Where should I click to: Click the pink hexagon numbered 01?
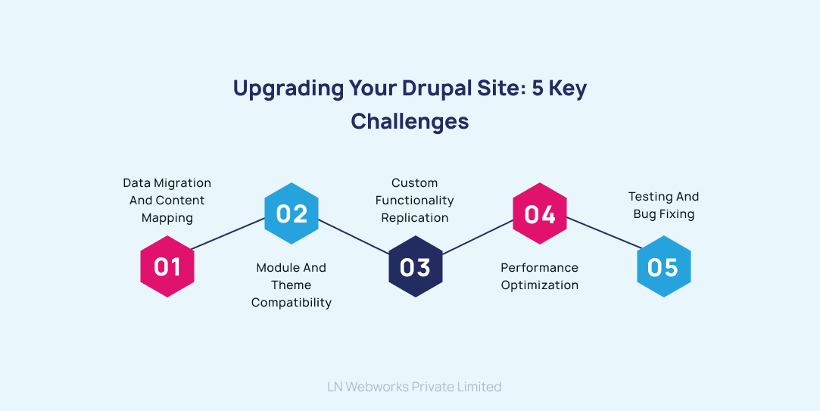(x=167, y=266)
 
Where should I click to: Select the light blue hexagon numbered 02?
(x=292, y=213)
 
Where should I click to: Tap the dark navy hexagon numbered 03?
(x=415, y=266)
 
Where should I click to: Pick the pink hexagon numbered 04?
(x=540, y=213)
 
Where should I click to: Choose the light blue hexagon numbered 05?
(x=663, y=266)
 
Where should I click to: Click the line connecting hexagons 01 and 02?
(x=229, y=234)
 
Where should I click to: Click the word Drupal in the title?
(x=441, y=89)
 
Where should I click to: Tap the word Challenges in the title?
(x=410, y=121)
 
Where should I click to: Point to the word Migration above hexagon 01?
(x=182, y=183)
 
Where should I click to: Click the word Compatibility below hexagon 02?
(x=292, y=303)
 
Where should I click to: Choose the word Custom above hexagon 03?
(x=415, y=183)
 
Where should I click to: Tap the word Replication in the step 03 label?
(x=415, y=218)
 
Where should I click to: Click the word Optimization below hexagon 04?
(x=540, y=285)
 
